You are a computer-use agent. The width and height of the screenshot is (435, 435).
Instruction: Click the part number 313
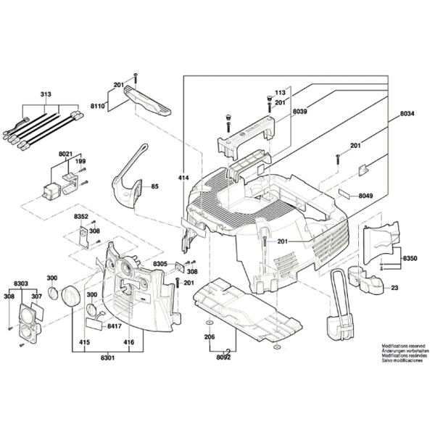(46, 95)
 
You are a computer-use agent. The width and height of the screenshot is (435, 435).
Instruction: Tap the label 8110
(98, 107)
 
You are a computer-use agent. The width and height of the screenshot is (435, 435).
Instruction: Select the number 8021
(66, 154)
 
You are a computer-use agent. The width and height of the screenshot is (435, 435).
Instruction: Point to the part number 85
(155, 188)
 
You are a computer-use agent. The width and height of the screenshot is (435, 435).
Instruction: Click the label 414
(183, 177)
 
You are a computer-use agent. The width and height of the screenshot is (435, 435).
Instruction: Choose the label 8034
(409, 115)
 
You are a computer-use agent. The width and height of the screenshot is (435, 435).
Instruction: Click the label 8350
(410, 258)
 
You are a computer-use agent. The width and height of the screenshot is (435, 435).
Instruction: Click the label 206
(210, 338)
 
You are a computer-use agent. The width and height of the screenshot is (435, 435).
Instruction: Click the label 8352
(81, 216)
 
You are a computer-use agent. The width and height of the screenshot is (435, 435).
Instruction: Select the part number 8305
(161, 265)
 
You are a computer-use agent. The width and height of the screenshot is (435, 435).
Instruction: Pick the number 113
(279, 94)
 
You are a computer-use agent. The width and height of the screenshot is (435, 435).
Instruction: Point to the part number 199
(80, 162)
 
